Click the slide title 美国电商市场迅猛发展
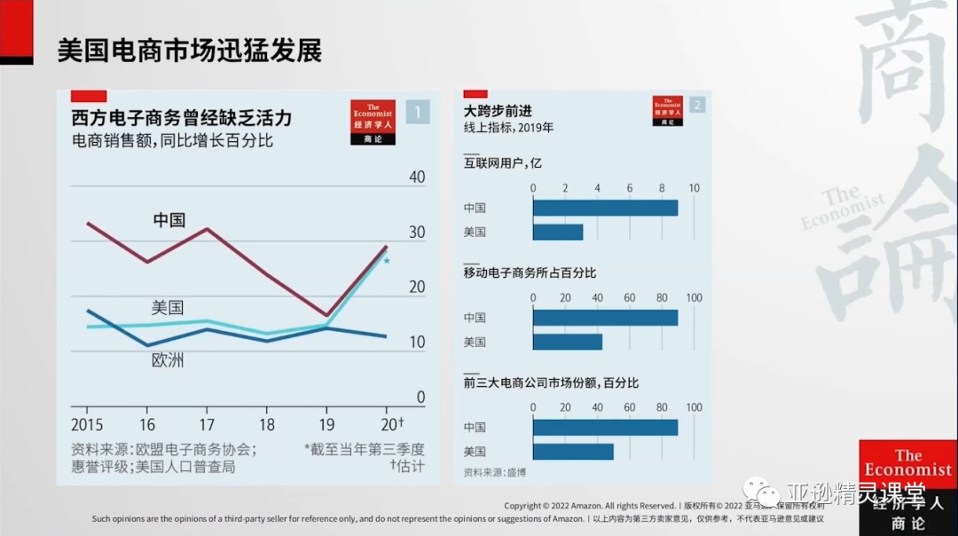[x=189, y=50]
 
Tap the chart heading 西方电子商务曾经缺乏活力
[x=181, y=118]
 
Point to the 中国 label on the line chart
[x=169, y=220]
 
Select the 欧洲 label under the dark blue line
[x=168, y=360]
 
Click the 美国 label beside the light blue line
[x=168, y=308]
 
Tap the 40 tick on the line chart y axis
[x=416, y=177]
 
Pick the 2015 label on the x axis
[x=88, y=424]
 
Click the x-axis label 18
[x=267, y=424]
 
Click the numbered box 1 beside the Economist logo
[x=418, y=112]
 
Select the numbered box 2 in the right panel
[x=697, y=105]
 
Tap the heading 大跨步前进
[x=498, y=111]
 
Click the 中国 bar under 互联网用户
[x=605, y=208]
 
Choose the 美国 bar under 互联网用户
[x=558, y=232]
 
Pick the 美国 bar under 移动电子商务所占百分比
[x=568, y=342]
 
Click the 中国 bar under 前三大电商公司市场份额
[x=605, y=427]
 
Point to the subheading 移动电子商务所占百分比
[x=530, y=272]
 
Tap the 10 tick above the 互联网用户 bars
[x=694, y=188]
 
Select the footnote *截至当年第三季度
[x=364, y=449]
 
